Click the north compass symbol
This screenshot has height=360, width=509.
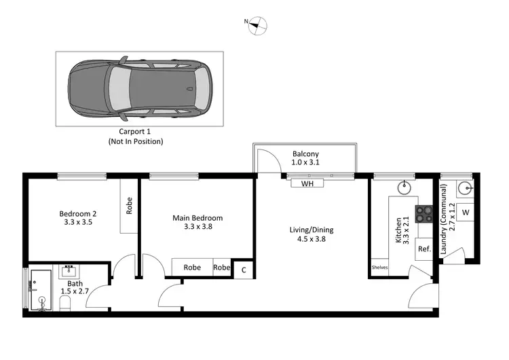pos(256,26)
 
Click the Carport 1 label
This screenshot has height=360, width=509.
pos(136,132)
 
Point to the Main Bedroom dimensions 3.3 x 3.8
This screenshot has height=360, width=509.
pos(197,228)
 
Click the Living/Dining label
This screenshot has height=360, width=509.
pos(311,230)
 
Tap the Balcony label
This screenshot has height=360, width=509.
pos(305,154)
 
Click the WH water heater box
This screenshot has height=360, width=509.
pos(307,183)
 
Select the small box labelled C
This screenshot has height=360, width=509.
pos(243,269)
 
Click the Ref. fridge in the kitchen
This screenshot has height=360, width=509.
pos(424,249)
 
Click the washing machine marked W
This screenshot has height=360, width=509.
pos(465,213)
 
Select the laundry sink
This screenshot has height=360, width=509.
pos(465,187)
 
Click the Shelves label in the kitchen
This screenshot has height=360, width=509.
pos(379,268)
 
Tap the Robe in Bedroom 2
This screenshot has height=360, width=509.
pos(129,206)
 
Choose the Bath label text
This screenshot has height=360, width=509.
pos(75,283)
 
